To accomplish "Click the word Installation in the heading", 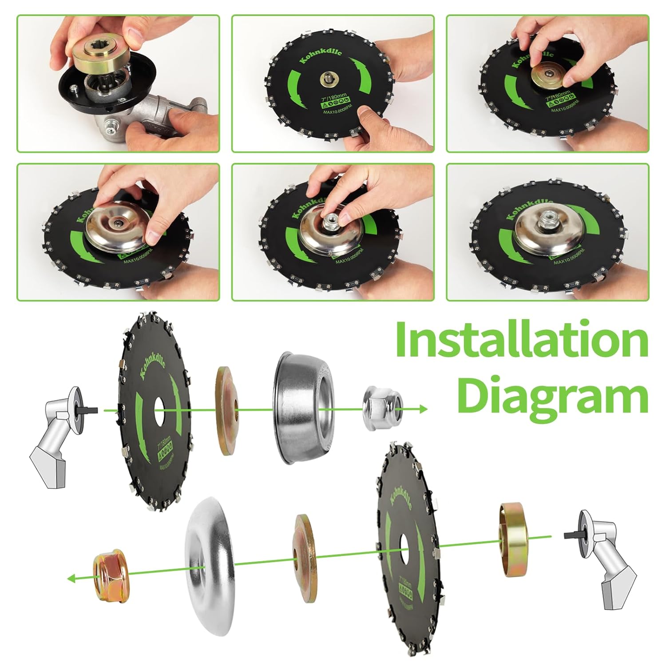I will (522, 342).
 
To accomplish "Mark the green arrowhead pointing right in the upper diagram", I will (422, 408).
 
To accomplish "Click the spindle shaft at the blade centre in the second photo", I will (327, 80).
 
